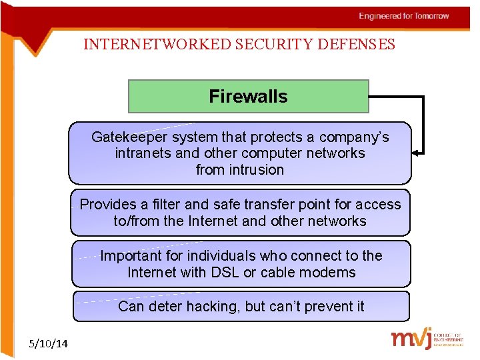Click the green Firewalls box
(248, 97)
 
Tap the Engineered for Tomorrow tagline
(403, 16)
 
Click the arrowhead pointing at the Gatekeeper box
(417, 153)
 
